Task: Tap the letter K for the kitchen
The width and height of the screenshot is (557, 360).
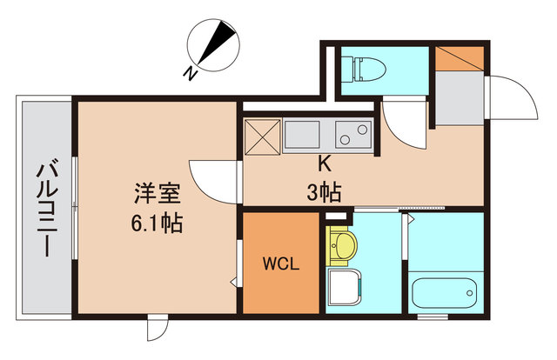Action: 322,163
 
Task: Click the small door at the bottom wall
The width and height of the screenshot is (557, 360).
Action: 156,329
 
